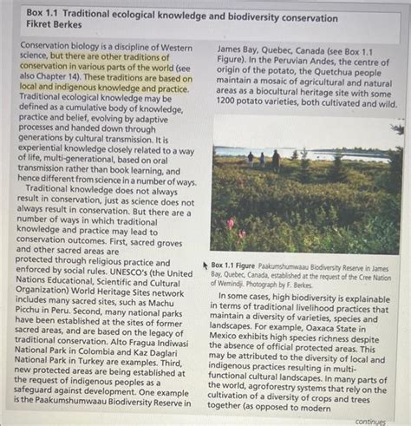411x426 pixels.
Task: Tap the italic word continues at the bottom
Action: point(369,421)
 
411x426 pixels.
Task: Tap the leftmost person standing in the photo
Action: point(250,158)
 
